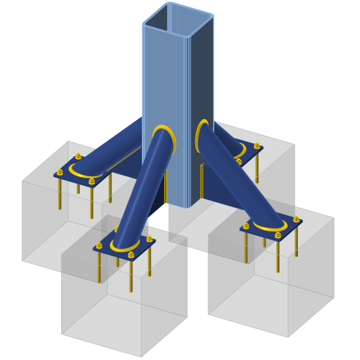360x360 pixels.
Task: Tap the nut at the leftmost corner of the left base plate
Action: [60, 171]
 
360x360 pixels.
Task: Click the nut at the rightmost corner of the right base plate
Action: [296, 219]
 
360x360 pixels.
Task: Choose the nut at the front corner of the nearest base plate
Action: [131, 255]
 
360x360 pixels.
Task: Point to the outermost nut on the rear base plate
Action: [257, 146]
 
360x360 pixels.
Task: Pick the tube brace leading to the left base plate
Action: [112, 148]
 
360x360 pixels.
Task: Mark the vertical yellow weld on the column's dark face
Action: [201, 180]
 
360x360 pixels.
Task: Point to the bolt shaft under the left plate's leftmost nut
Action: [60, 193]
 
